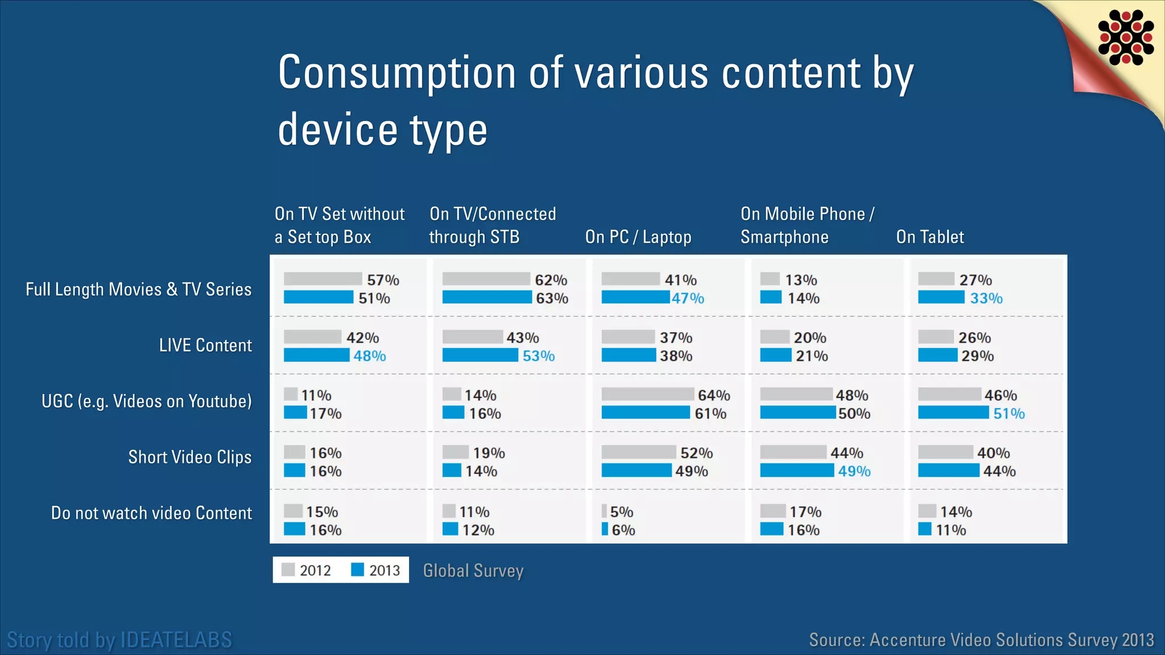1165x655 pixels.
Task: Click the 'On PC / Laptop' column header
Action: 638,237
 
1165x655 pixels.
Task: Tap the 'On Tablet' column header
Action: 929,237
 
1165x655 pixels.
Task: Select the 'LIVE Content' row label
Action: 205,345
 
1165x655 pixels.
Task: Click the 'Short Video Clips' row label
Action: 189,457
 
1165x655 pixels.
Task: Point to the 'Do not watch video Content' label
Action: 151,513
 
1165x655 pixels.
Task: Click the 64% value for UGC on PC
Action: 714,395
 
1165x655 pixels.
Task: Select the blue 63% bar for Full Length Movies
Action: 486,297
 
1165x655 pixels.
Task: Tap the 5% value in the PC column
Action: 621,512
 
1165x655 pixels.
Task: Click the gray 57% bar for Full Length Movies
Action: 323,279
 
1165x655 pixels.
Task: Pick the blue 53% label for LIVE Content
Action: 538,356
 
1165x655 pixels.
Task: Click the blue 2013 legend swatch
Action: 357,570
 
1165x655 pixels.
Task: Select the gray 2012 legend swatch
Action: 288,570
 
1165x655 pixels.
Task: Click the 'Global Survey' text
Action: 473,570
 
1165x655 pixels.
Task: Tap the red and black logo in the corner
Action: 1126,38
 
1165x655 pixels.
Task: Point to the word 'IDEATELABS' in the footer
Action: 177,640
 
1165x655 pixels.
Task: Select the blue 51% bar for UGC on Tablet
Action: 953,413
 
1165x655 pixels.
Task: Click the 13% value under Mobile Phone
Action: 801,280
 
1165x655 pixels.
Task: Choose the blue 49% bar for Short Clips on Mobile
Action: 796,470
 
